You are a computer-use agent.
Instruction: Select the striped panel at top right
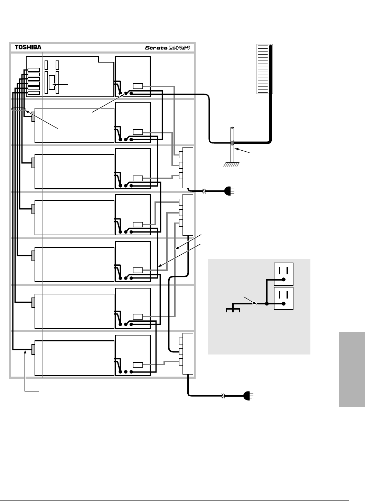[x=264, y=69]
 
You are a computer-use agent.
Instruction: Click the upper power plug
[x=229, y=190]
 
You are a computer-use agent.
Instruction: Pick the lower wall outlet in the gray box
[x=283, y=298]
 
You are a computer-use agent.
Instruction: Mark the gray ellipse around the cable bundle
[x=18, y=110]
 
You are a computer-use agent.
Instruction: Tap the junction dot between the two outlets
[x=266, y=304]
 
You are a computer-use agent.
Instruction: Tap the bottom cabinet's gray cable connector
[x=33, y=349]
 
